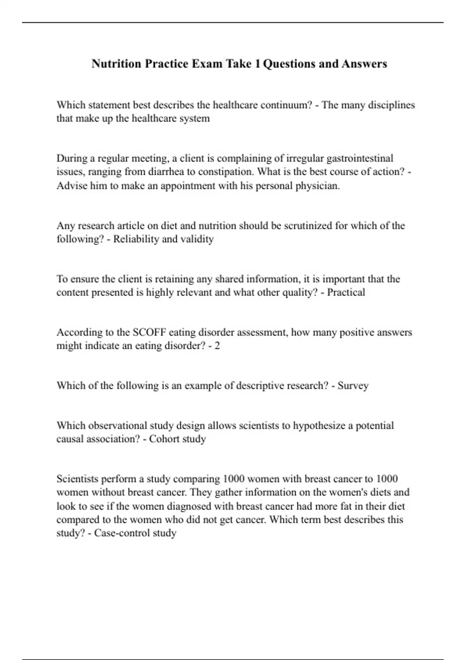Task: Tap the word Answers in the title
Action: click(x=364, y=64)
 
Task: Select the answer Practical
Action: click(x=346, y=292)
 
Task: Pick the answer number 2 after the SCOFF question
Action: click(x=217, y=346)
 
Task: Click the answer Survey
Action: click(x=353, y=386)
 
